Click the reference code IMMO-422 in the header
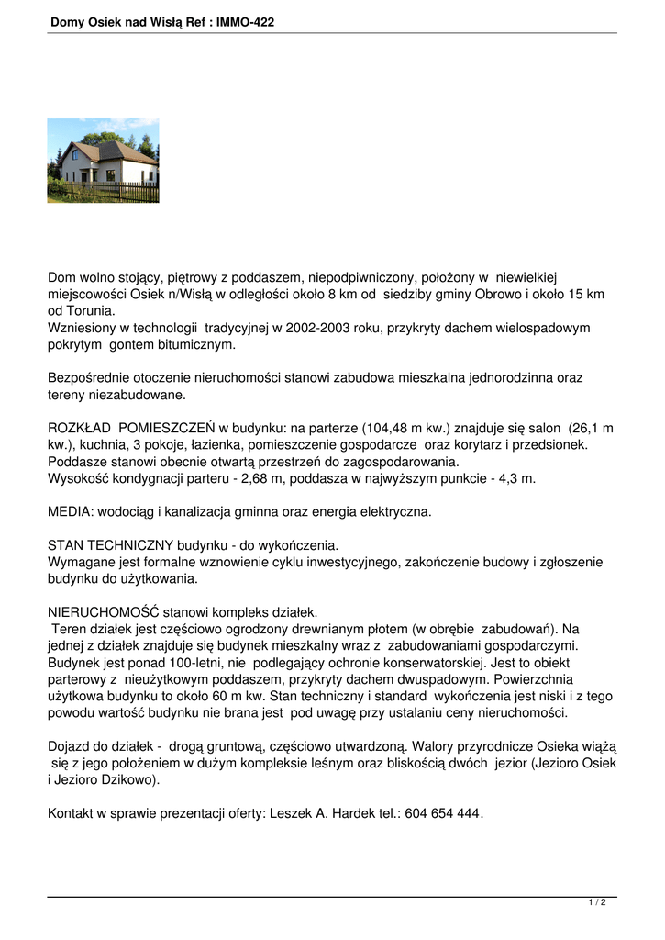[x=245, y=21]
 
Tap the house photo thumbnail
[x=103, y=160]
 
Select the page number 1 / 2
[x=597, y=903]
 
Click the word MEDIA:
[x=71, y=511]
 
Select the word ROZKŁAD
[x=79, y=428]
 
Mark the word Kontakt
[x=72, y=814]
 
